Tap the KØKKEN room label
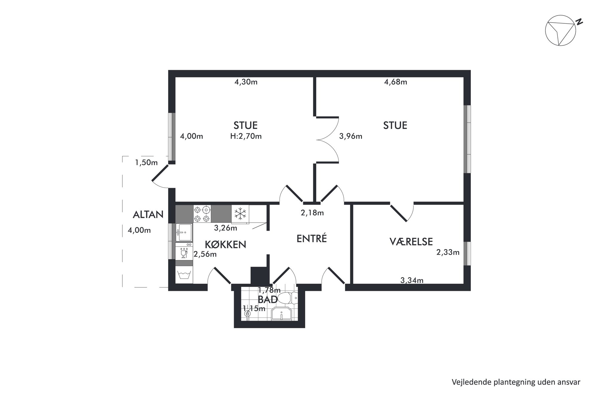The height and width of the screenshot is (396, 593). click(225, 244)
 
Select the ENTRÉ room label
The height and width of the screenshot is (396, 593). click(312, 238)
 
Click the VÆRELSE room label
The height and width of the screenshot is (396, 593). click(411, 242)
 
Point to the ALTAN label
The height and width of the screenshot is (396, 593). click(148, 214)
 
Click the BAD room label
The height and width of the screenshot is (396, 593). click(268, 299)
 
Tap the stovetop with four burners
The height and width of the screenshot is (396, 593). click(202, 214)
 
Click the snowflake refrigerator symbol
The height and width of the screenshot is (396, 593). click(240, 214)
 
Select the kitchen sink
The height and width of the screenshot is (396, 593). click(184, 232)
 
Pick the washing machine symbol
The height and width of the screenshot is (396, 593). click(184, 275)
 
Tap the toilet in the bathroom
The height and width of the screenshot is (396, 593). click(287, 298)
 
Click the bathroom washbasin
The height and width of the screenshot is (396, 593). click(281, 313)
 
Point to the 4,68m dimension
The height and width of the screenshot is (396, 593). click(395, 82)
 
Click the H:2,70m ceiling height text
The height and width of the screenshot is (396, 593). click(246, 136)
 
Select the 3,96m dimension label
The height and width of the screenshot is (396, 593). click(351, 136)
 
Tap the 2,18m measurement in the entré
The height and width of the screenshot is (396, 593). click(312, 213)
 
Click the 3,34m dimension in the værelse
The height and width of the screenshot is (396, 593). click(412, 280)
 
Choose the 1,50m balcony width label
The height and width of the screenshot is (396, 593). click(146, 163)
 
